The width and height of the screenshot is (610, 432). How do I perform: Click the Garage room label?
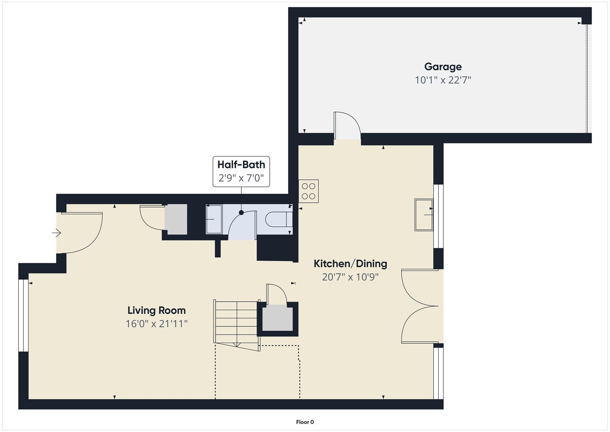443,67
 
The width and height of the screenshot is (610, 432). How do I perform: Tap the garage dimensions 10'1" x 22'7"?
443,80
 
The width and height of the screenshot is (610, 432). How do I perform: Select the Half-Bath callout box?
241,172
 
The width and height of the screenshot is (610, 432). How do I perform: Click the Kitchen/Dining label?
350,264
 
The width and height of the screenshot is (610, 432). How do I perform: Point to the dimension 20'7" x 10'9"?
350,277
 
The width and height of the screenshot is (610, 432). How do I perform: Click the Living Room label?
156,311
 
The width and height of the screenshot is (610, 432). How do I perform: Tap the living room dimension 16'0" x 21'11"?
156,324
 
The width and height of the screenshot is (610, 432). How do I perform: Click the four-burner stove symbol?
309,191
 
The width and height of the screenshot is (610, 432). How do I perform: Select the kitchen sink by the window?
424,215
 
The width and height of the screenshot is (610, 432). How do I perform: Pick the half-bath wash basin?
214,219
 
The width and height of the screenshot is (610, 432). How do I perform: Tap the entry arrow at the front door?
57,233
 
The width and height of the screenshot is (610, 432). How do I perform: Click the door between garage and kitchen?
347,127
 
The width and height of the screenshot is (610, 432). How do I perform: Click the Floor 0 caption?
305,422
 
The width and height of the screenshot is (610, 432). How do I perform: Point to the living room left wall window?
23,315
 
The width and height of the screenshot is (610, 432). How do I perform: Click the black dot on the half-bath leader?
241,213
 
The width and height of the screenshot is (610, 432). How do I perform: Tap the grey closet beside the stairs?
277,318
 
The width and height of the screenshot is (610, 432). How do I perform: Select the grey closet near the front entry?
176,219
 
